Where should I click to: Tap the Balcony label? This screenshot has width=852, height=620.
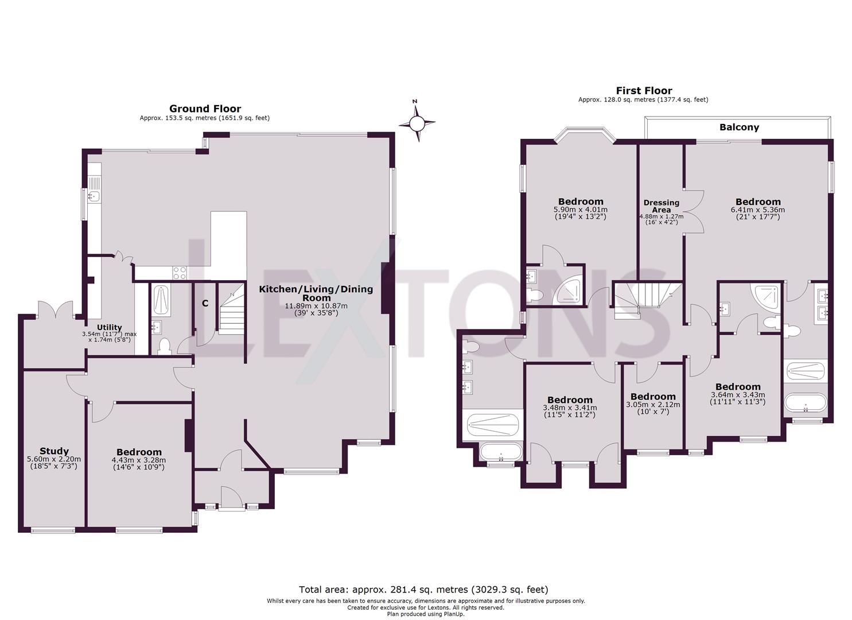[x=739, y=127]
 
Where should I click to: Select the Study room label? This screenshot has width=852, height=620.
[x=54, y=451]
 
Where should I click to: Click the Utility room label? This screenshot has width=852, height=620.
[x=109, y=327]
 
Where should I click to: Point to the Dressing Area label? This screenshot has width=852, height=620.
[x=662, y=206]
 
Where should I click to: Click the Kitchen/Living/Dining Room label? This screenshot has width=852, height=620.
[x=316, y=293]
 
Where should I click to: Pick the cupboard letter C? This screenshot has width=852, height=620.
[x=205, y=303]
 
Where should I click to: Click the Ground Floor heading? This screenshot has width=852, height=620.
[x=205, y=108]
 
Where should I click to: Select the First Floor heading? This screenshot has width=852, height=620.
[x=644, y=91]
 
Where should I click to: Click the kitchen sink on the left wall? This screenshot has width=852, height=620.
[x=94, y=196]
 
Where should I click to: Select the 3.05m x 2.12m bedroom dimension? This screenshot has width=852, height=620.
[x=653, y=404]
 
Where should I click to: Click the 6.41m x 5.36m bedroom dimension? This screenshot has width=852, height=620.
[x=758, y=210]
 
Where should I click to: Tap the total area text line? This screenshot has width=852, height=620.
[x=423, y=590]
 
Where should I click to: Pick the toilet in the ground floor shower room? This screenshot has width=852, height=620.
[x=164, y=346]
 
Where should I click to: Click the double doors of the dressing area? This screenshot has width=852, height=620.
[x=693, y=210]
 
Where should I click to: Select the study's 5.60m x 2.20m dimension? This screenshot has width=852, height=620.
[x=54, y=459]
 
